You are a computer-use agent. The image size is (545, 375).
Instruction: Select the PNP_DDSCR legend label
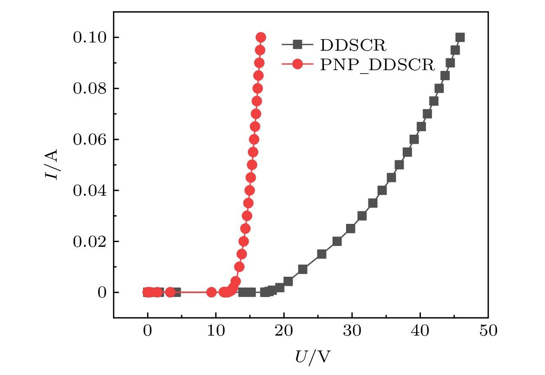pos(377,65)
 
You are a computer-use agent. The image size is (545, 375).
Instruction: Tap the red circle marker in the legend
pos(297,65)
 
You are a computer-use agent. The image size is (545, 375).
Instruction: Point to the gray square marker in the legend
pos(297,44)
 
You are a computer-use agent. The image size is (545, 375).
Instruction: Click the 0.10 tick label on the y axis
pos(89,38)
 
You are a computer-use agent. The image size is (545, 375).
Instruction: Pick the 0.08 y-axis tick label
pos(89,88)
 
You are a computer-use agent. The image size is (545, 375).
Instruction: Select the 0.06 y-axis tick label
pos(89,139)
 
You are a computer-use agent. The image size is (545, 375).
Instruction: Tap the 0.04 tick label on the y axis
pos(89,191)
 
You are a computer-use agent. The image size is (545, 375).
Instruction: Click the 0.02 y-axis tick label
pos(89,241)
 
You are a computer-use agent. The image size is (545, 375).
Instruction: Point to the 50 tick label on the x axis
pos(488,331)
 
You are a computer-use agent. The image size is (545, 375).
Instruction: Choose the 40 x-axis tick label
pos(420,331)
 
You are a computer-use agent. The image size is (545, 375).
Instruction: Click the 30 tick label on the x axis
pos(352,331)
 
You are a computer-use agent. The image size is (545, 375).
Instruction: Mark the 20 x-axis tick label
pos(284,331)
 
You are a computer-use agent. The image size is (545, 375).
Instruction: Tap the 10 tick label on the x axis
pos(215,331)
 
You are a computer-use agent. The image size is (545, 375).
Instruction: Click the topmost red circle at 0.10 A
pos(261,37)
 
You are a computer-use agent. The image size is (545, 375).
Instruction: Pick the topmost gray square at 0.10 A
pos(460,37)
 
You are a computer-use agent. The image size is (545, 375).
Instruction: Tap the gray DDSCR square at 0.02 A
pos(337,241)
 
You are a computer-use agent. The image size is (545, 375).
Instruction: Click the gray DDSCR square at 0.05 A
pos(399,165)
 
